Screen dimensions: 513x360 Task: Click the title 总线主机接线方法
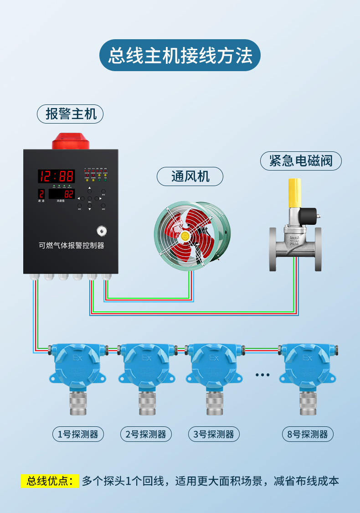(180, 55)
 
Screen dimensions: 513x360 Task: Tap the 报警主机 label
(70, 114)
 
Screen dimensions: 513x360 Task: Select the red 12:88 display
(56, 176)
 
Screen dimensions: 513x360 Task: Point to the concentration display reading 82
(62, 193)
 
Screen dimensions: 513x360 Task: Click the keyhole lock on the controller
(100, 230)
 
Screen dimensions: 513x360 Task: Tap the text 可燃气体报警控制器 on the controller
(72, 245)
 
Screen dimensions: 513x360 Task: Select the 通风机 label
(190, 176)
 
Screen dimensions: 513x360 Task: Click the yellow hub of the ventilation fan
(185, 236)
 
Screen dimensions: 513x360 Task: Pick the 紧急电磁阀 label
(301, 161)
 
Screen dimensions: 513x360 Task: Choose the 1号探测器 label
(77, 434)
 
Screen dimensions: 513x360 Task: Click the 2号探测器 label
(146, 434)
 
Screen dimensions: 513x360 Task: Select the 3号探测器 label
(214, 434)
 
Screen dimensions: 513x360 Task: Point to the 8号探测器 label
(308, 434)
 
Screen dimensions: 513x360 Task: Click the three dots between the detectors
(262, 375)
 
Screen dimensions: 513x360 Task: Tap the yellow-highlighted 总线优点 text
(50, 481)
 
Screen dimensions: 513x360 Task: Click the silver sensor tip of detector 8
(308, 404)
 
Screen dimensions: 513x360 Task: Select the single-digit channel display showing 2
(41, 193)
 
